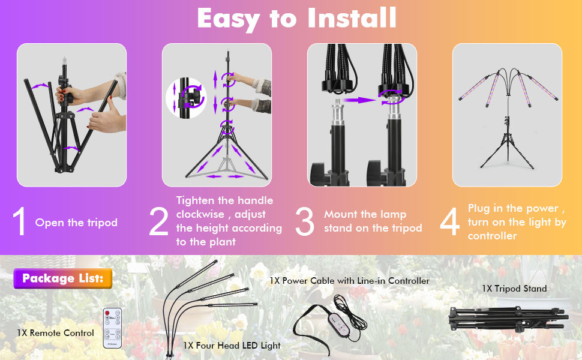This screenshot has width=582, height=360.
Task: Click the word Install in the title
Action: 352,18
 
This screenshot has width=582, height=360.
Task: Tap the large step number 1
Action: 19,221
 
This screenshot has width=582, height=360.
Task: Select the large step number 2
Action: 158,221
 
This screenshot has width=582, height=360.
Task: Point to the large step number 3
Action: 305,221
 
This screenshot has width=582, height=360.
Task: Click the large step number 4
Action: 449,221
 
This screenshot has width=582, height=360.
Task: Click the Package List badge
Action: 63,278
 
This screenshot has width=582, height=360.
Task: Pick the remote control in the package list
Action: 112,328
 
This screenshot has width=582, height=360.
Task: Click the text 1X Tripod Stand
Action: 514,289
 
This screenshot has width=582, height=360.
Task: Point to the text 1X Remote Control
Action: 55,333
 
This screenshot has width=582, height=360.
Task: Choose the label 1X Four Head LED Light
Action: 232,346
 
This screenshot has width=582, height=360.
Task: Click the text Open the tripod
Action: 76,223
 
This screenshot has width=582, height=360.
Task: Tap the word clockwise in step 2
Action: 200,214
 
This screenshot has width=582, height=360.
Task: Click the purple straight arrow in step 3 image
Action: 359,100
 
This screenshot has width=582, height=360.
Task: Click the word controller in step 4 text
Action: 492,236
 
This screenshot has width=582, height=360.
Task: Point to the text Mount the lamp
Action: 365,214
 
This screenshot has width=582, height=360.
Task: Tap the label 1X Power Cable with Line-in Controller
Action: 349,281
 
